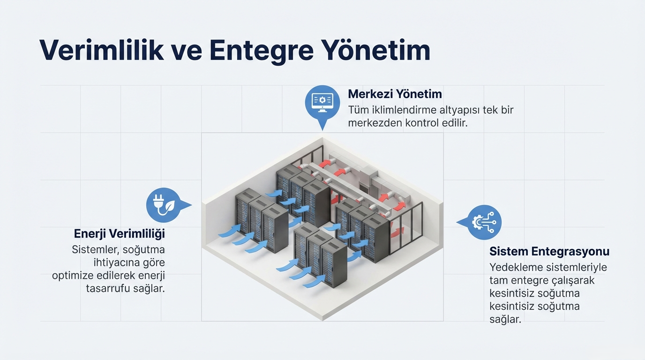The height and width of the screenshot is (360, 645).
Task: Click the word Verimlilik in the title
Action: click(102, 50)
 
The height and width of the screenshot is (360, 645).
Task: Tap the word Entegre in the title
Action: click(261, 50)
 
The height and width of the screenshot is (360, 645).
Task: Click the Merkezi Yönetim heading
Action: click(395, 94)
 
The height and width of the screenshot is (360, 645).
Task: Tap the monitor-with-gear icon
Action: click(322, 100)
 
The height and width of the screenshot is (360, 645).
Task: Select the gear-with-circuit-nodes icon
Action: click(485, 222)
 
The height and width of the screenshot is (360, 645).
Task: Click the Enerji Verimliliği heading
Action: click(120, 233)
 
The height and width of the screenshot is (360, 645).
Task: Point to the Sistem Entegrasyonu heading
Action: click(549, 251)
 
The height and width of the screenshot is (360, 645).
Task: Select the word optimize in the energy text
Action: click(74, 276)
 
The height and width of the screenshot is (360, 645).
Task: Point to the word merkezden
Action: click(371, 124)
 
